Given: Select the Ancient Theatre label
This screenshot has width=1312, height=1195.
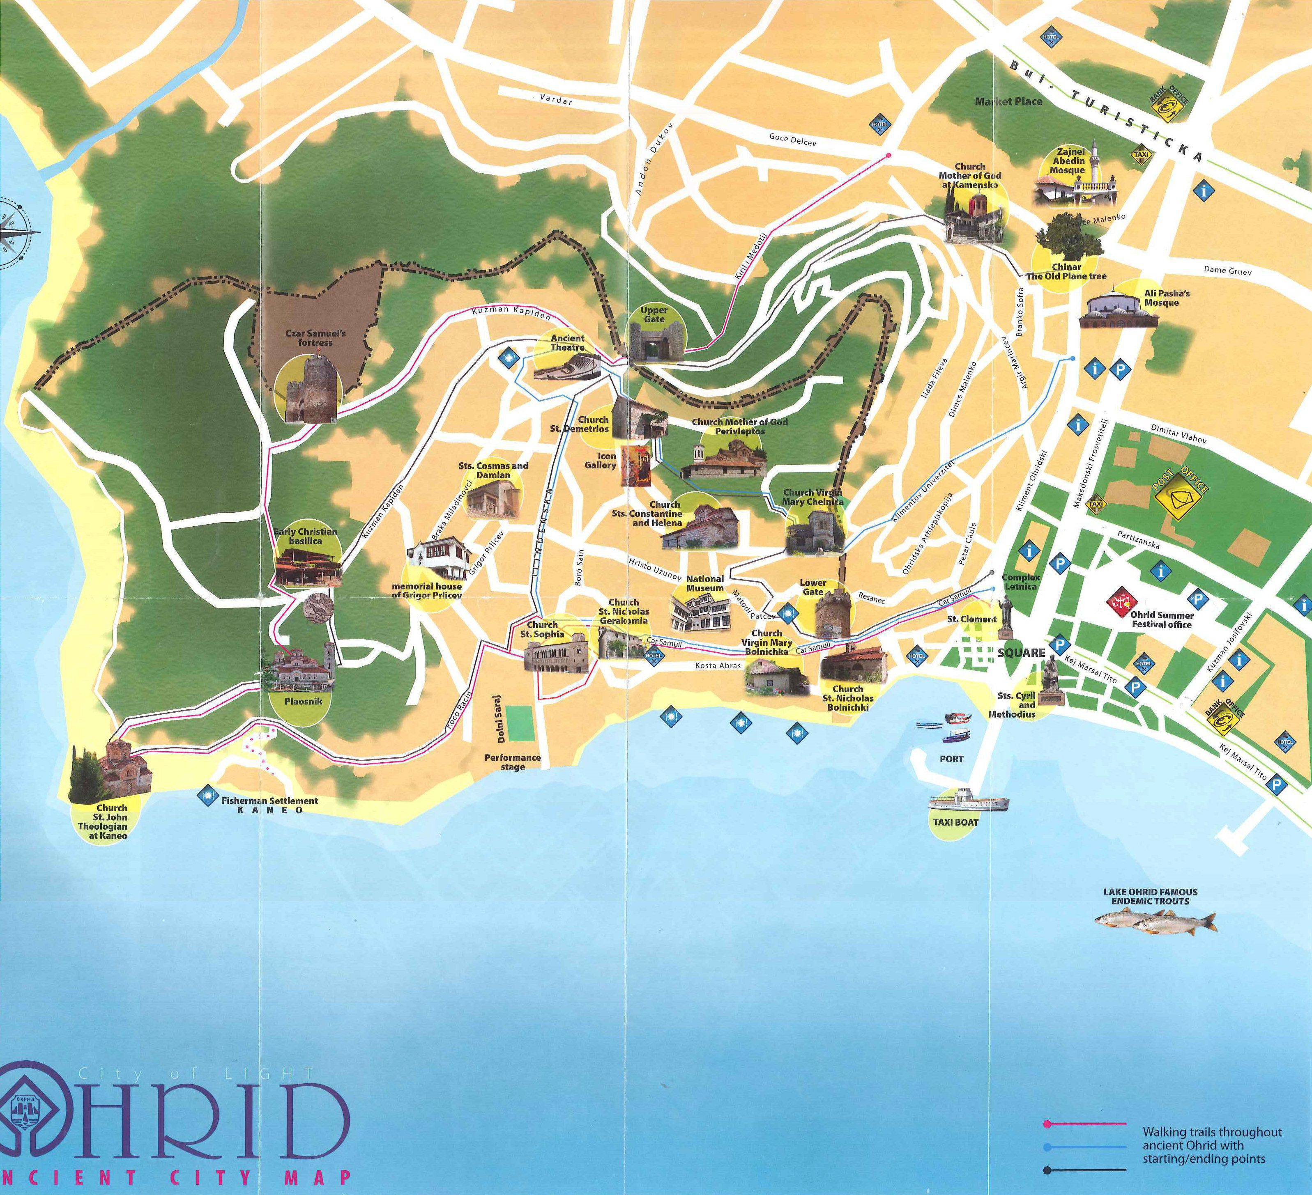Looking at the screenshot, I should point(568,343).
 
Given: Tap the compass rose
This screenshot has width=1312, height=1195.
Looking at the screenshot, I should point(12,232).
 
